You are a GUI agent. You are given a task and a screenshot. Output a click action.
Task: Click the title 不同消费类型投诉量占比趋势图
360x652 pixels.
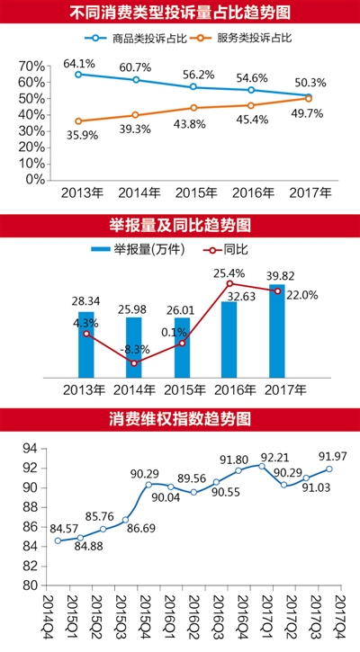point(179,13)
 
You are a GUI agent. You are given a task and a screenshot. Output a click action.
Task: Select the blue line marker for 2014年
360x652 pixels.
point(136,80)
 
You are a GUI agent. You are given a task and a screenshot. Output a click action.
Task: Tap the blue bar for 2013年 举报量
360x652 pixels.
point(85,344)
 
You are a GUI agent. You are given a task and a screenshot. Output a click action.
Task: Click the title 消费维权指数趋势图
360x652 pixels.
point(179,418)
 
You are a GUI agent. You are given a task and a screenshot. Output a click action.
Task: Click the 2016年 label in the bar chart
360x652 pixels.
point(229,390)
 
